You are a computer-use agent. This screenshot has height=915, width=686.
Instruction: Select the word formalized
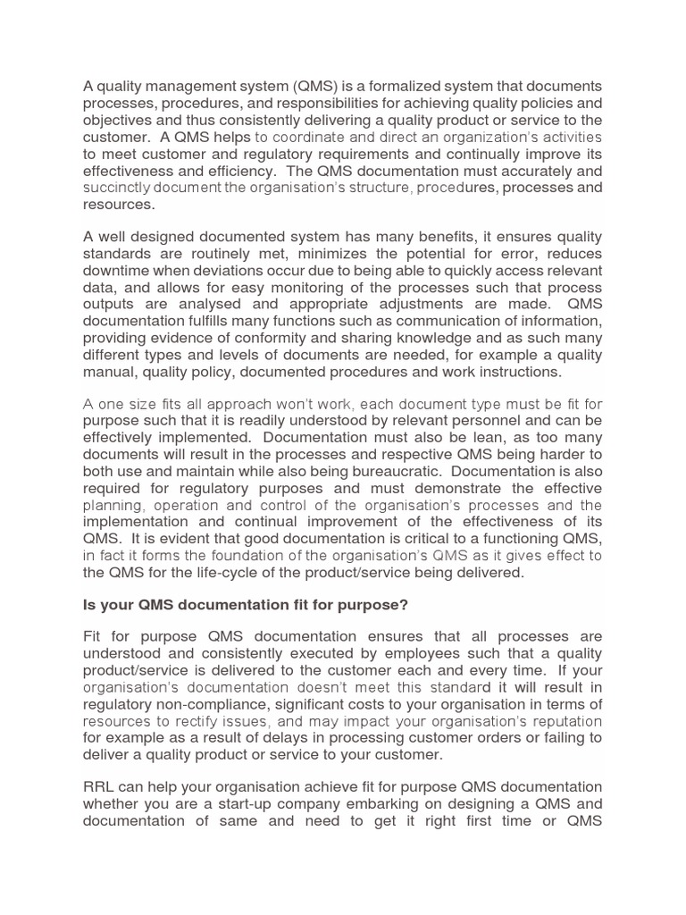[409, 85]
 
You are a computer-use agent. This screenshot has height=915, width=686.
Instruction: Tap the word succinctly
[124, 188]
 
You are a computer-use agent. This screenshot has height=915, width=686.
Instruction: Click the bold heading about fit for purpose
[246, 605]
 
